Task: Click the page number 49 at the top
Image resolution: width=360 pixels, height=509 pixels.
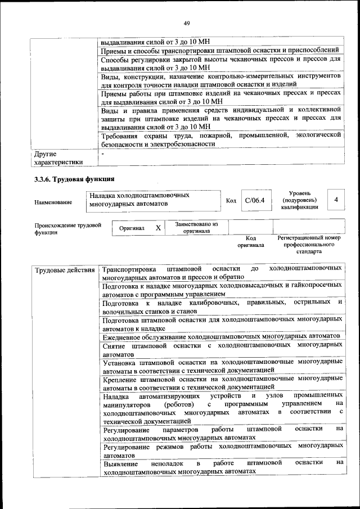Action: (186, 23)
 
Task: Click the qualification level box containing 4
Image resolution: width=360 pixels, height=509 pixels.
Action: (336, 200)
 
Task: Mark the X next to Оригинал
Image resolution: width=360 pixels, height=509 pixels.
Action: (158, 228)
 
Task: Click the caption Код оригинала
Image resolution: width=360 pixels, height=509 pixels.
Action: (250, 241)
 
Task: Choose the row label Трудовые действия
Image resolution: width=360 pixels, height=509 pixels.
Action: (65, 270)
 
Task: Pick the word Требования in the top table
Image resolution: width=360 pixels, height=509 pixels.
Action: (121, 135)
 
